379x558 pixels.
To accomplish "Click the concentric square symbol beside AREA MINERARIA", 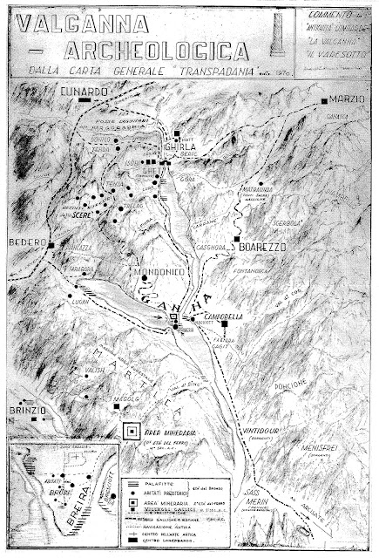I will point(132,431).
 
